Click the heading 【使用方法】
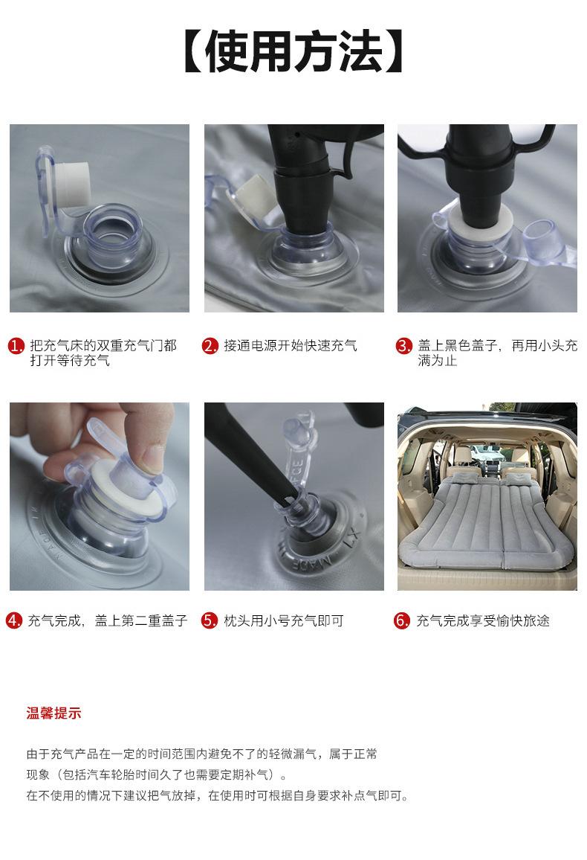click(294, 51)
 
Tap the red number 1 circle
click(16, 345)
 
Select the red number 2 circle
click(210, 345)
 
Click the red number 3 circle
click(403, 345)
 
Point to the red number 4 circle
click(14, 620)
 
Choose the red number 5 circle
click(210, 620)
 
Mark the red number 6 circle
click(402, 620)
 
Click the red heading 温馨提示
click(53, 713)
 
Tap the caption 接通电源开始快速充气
click(291, 345)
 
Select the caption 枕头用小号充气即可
click(284, 620)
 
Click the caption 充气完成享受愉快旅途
click(483, 620)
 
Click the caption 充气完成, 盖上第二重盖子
click(107, 620)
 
